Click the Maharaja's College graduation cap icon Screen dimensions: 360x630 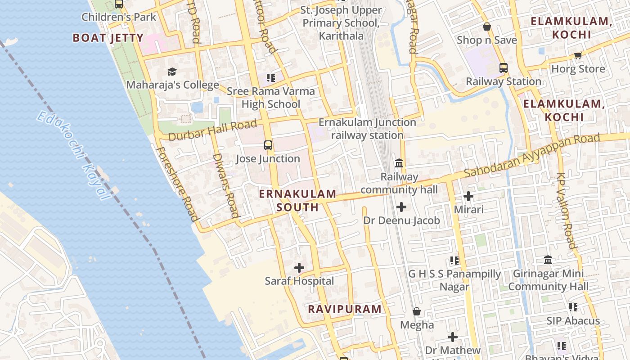click(172, 72)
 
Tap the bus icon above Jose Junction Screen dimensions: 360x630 click(268, 145)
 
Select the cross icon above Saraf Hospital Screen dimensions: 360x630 click(299, 268)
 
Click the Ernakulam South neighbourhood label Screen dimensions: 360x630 click(297, 201)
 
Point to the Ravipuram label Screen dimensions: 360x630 click(345, 309)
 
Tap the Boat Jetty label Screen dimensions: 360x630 click(108, 38)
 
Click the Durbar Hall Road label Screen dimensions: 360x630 click(212, 130)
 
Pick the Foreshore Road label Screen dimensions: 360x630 click(177, 184)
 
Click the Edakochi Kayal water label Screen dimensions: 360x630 click(74, 156)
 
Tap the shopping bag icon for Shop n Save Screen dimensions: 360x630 click(486, 27)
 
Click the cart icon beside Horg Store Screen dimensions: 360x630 click(578, 55)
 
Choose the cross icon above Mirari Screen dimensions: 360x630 click(468, 196)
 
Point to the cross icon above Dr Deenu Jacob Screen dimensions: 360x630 click(401, 207)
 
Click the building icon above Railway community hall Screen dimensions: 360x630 click(399, 163)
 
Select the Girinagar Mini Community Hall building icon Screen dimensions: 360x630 click(548, 260)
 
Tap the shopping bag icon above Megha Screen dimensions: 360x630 click(417, 311)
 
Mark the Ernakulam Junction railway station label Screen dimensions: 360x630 click(367, 129)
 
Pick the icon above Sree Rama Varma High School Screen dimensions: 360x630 click(270, 78)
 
